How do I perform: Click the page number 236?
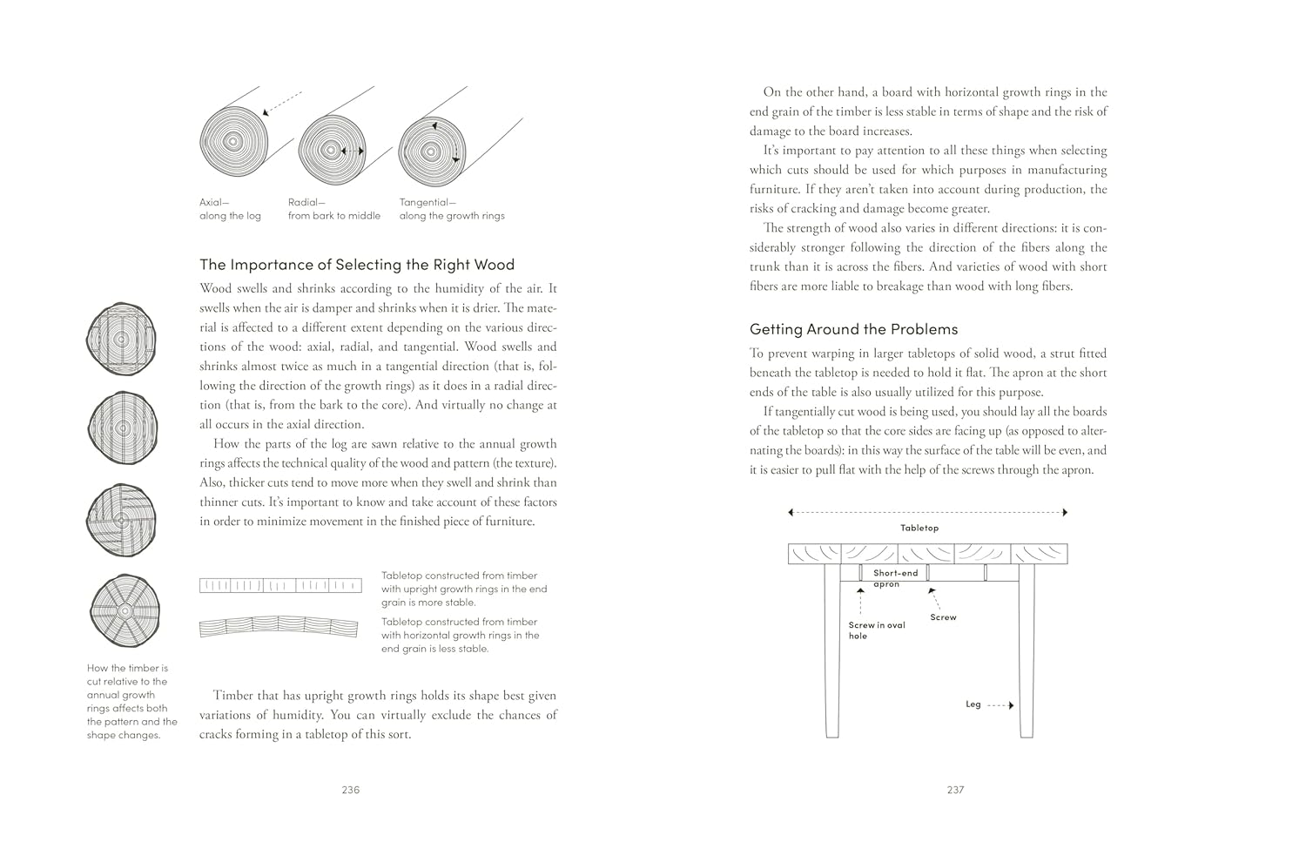click(x=350, y=790)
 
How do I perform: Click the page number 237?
click(x=955, y=790)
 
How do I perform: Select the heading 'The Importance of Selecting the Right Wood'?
click(x=357, y=265)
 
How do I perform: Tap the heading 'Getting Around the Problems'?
click(x=853, y=329)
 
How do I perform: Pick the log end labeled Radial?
click(x=332, y=151)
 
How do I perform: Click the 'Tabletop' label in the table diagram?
click(x=919, y=528)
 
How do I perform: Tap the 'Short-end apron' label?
click(x=895, y=578)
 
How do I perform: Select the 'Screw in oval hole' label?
click(x=876, y=630)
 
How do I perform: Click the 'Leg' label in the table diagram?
click(x=973, y=704)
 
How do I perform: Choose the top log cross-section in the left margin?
click(x=122, y=338)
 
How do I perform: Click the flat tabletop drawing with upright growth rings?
click(x=280, y=585)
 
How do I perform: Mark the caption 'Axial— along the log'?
click(x=230, y=209)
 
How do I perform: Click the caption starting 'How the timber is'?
click(x=131, y=701)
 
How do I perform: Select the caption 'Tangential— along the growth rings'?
click(x=451, y=209)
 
